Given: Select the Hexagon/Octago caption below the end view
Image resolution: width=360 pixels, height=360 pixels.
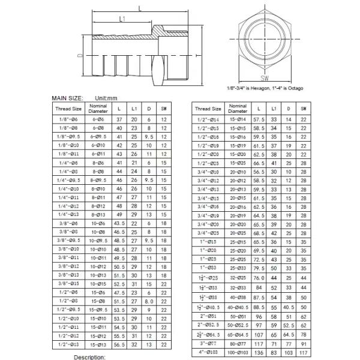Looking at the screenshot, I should tap(265, 89).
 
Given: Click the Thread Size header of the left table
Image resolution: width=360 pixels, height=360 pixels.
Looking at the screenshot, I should tap(68, 109).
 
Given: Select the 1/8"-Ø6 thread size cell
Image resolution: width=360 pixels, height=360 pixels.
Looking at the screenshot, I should tap(68, 120).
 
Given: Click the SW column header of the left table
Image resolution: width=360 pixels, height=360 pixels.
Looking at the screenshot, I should tap(164, 109).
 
